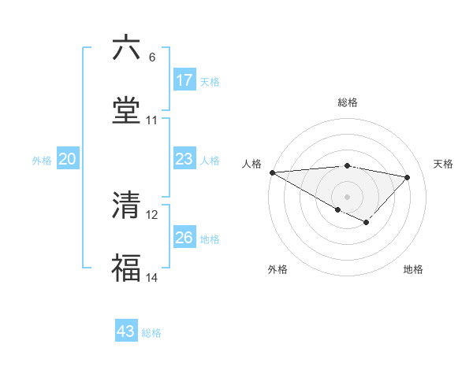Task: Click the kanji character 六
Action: click(x=126, y=49)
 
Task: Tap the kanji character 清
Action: click(x=126, y=205)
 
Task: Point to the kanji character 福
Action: click(x=126, y=268)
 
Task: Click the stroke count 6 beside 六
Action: click(x=151, y=57)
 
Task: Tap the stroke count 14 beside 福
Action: click(x=151, y=278)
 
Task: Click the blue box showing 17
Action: click(x=184, y=80)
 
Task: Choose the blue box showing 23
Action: click(x=184, y=160)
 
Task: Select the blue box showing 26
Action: click(x=184, y=238)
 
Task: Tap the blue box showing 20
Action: click(x=67, y=160)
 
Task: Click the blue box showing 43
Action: click(x=126, y=331)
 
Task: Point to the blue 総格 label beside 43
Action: click(x=151, y=333)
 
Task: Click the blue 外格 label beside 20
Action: click(x=42, y=161)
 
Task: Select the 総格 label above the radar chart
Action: click(x=348, y=102)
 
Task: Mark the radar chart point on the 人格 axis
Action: click(x=272, y=172)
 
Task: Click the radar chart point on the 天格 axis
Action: click(x=408, y=177)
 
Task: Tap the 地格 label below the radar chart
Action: click(x=413, y=269)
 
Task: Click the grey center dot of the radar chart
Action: click(x=347, y=196)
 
